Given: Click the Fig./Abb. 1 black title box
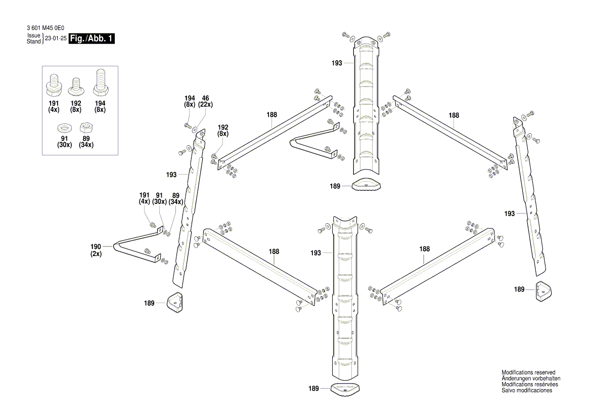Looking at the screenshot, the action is [x=92, y=39].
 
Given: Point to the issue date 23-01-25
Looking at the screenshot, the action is [x=56, y=38].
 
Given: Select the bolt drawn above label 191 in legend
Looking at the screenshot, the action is [x=54, y=86].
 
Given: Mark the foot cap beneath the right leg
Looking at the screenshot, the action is [x=542, y=290].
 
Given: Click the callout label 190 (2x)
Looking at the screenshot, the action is [x=96, y=250].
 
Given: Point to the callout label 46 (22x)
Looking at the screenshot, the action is [x=205, y=101].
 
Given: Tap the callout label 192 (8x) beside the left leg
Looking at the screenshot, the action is [x=223, y=131].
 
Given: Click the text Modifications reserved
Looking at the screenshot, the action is [x=528, y=372].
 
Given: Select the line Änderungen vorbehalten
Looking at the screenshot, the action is [x=531, y=379].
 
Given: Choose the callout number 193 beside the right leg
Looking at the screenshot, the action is [x=509, y=214].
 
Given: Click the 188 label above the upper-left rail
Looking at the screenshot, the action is [x=272, y=115].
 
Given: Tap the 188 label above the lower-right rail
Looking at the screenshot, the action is [x=425, y=249].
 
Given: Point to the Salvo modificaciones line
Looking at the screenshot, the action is [x=527, y=391].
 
